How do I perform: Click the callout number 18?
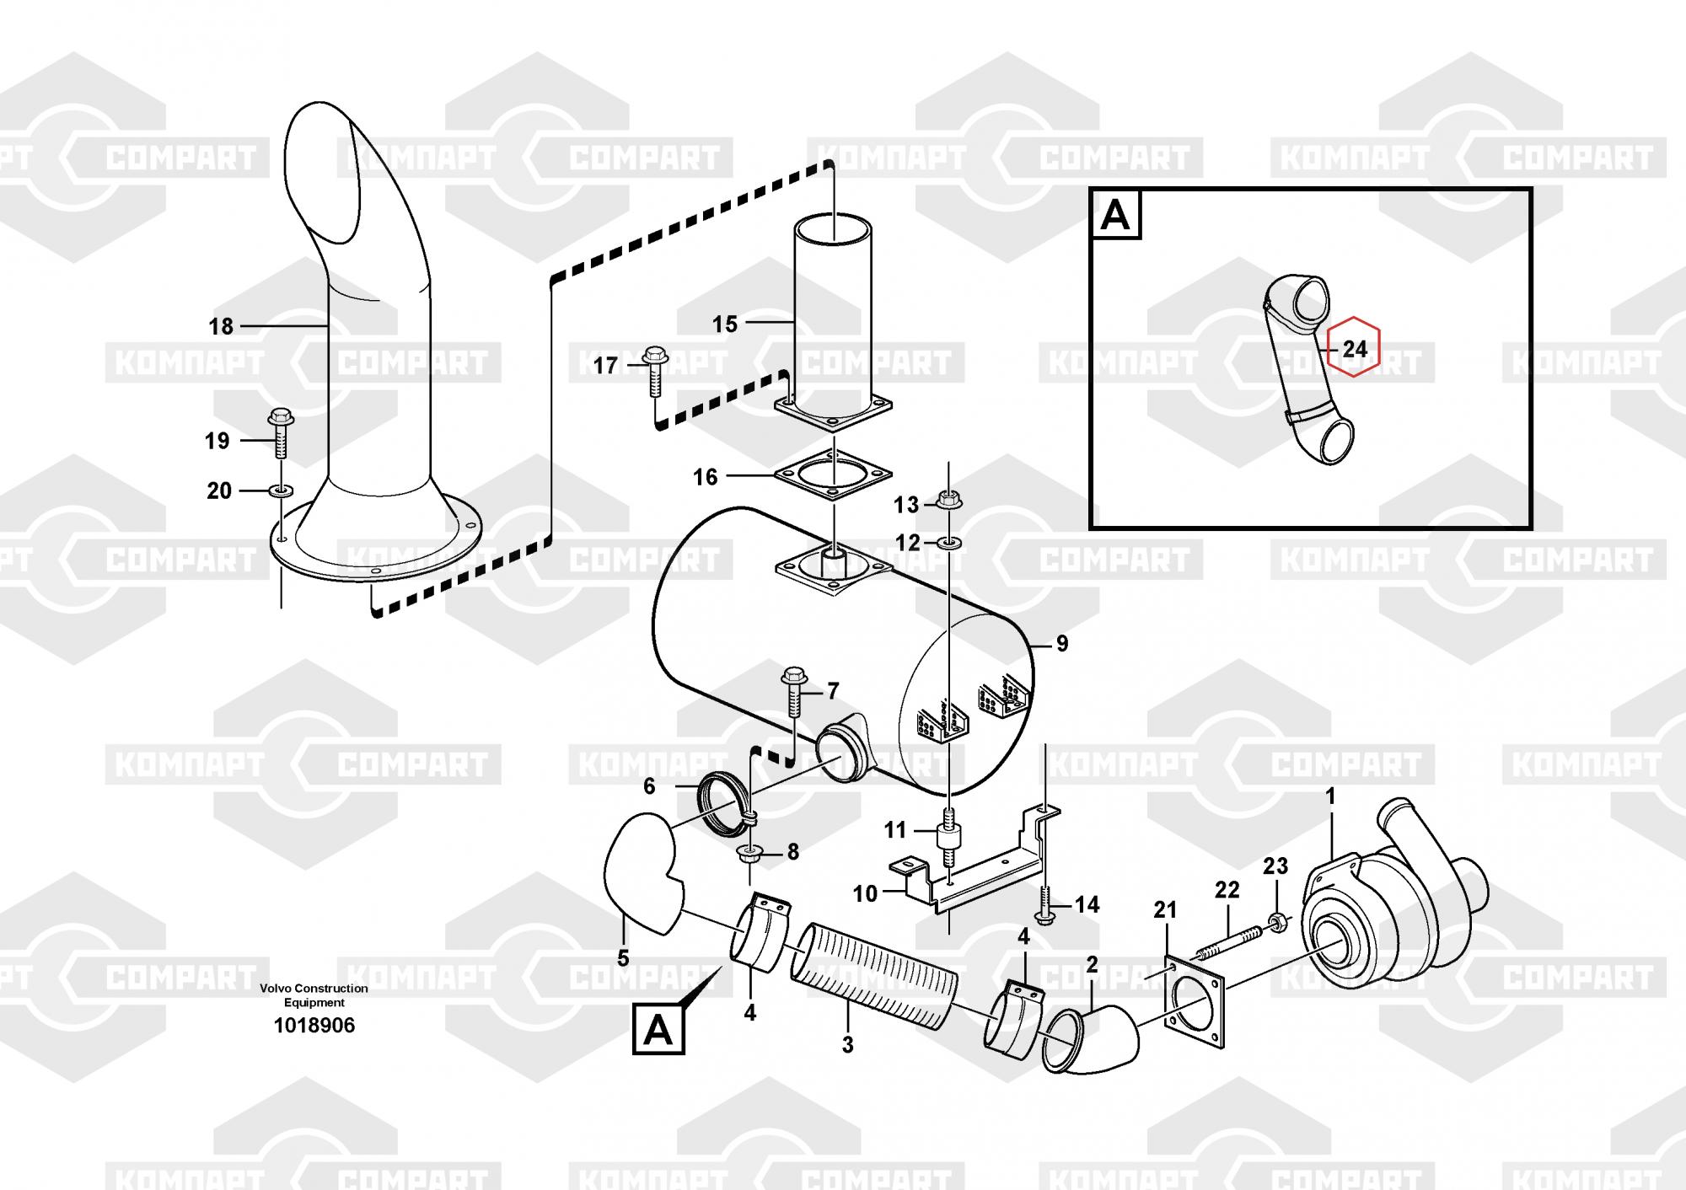point(221,326)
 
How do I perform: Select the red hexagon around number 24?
point(1354,346)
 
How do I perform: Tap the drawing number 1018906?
point(314,1026)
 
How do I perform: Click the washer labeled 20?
point(281,490)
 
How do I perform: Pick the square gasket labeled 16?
point(833,477)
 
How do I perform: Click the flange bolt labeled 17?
point(655,372)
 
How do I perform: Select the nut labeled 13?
point(949,501)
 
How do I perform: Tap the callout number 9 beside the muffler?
point(1062,644)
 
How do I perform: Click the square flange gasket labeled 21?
point(1195,1005)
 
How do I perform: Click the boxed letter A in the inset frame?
point(1115,215)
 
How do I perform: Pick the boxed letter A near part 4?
point(658,1030)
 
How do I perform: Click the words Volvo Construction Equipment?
point(314,995)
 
